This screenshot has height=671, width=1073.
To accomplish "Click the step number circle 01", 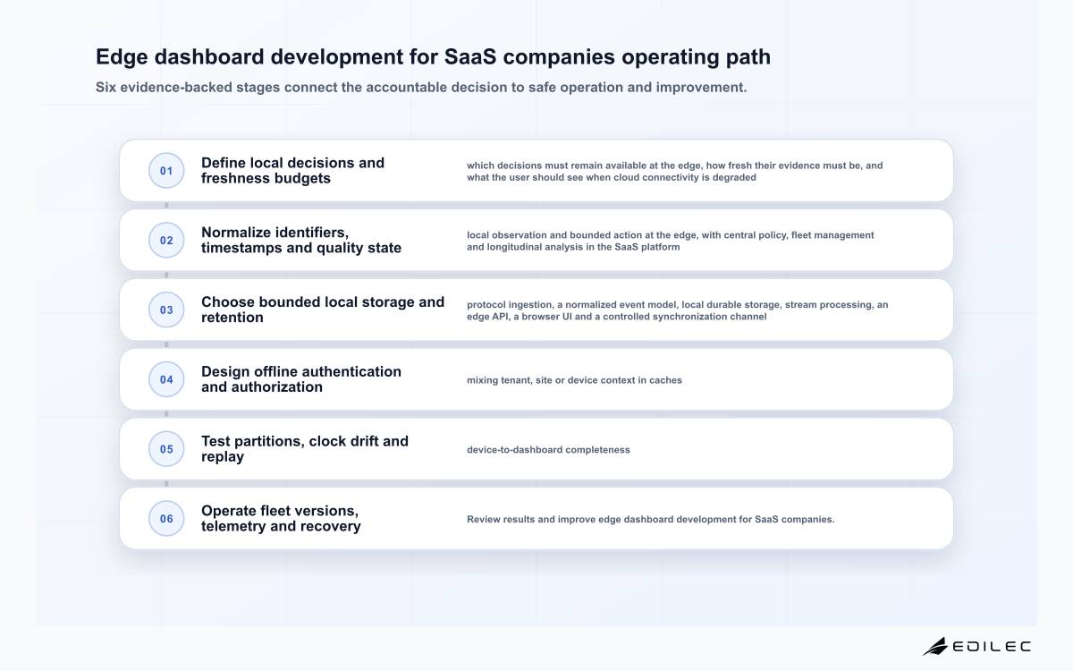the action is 166,171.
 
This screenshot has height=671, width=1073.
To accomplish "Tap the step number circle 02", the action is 166,240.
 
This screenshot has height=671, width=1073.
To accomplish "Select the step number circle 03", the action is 166,310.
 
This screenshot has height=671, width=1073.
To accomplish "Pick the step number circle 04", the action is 166,379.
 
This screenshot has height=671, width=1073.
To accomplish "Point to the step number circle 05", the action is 166,449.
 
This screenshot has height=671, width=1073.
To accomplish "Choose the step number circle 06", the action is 166,519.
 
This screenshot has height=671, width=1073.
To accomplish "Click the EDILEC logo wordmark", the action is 991,647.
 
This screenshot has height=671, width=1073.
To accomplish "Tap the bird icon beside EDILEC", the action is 935,646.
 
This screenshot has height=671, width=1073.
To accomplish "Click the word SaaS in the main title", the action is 470,56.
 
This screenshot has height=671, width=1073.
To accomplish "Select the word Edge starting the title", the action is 122,57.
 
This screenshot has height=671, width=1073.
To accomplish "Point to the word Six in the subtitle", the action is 106,88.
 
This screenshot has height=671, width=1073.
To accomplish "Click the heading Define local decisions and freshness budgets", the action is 292,171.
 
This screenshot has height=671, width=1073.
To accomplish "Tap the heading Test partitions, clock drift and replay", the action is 305,449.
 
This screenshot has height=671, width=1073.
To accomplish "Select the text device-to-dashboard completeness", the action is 548,449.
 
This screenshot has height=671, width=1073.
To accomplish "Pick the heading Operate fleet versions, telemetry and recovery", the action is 281,519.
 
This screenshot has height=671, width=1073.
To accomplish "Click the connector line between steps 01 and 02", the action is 166,205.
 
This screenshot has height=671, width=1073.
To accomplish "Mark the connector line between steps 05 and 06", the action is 166,484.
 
